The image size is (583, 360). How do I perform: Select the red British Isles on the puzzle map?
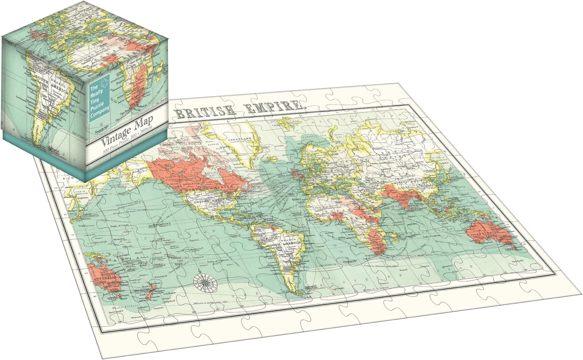pos(297,173)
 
